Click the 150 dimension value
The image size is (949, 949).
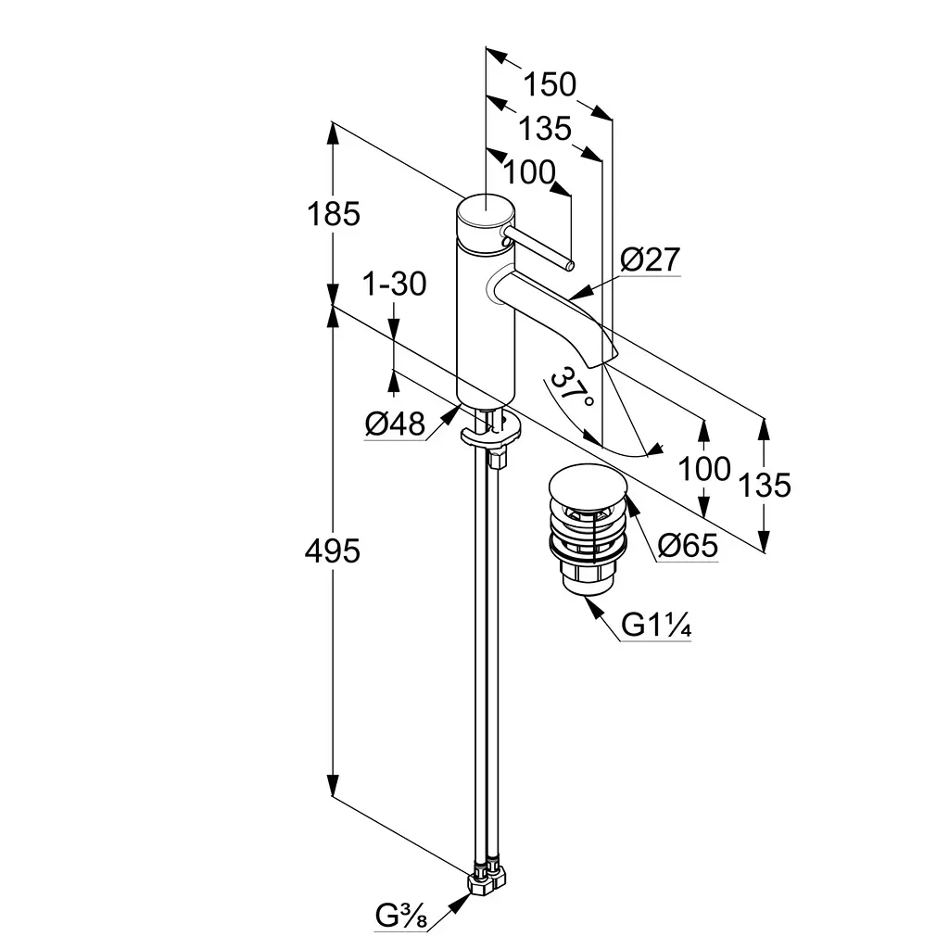[550, 84]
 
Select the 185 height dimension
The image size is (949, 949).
[334, 214]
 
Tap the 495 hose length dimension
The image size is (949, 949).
[333, 551]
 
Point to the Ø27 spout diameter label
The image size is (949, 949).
[651, 259]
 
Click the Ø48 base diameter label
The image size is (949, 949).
[395, 424]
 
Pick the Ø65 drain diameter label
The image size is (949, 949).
[689, 545]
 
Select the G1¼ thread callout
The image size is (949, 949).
[656, 625]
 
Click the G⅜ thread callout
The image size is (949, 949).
[401, 916]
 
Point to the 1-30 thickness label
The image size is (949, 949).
[395, 284]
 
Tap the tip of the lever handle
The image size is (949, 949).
[570, 264]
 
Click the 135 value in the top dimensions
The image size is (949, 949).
[545, 128]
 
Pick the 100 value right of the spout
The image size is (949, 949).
[704, 469]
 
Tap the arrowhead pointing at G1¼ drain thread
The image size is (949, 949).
[594, 606]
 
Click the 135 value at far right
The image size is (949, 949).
[765, 485]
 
